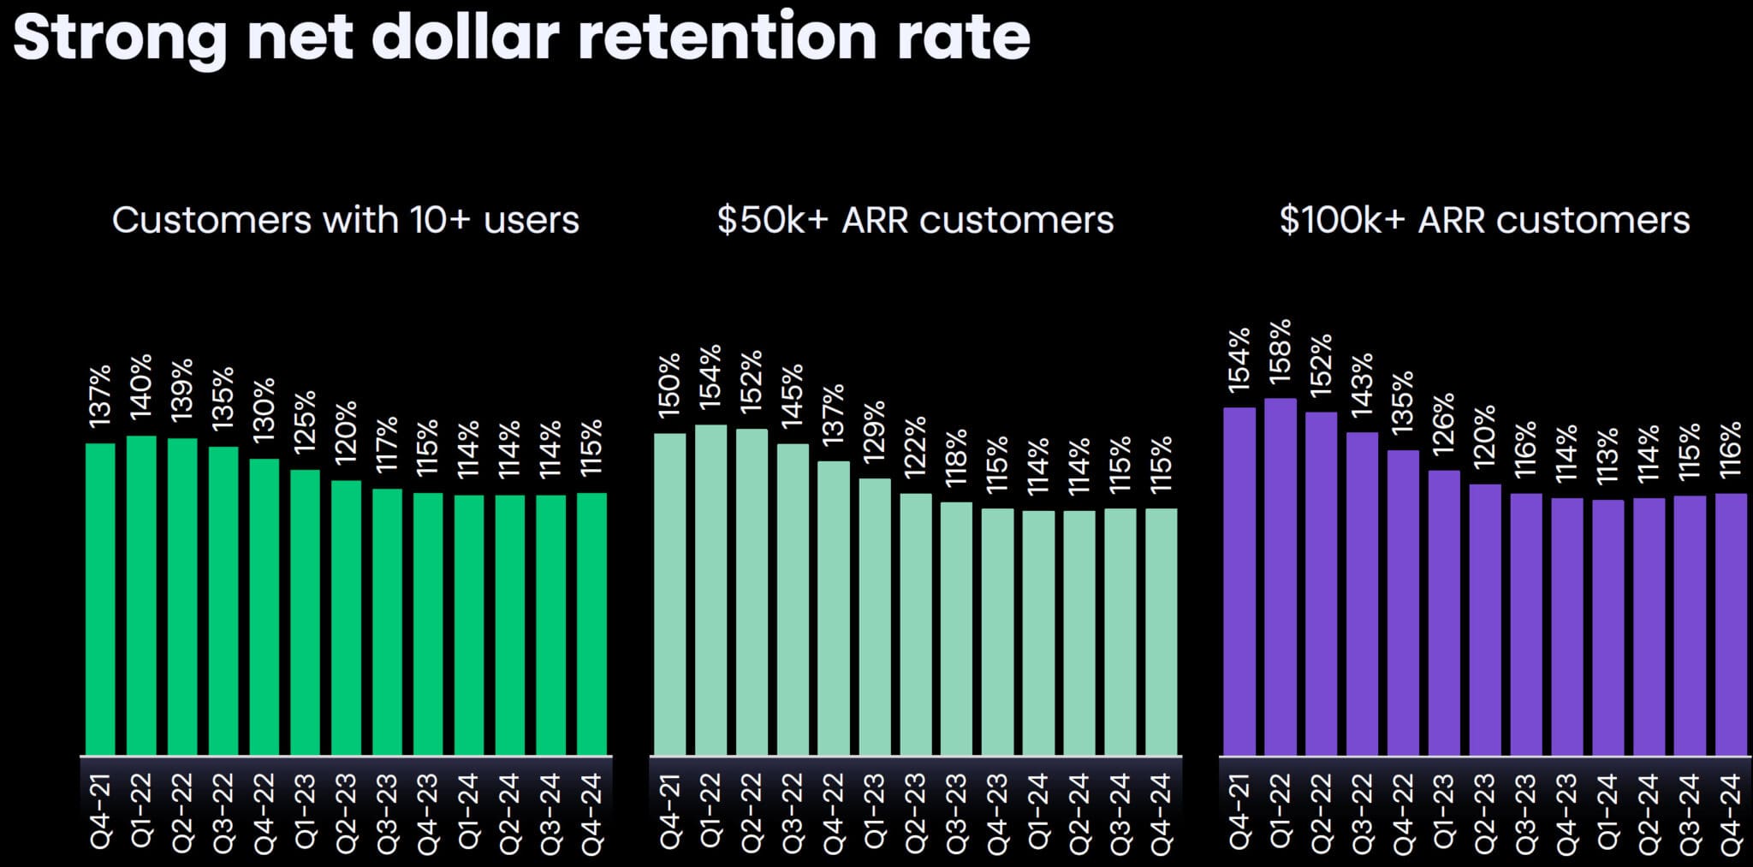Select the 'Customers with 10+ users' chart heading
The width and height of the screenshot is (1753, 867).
pyautogui.click(x=345, y=220)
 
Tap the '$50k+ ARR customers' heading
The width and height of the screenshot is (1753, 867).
pyautogui.click(x=915, y=220)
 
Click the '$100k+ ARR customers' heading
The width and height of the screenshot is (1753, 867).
pyautogui.click(x=1484, y=220)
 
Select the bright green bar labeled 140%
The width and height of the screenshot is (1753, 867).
pyautogui.click(x=141, y=596)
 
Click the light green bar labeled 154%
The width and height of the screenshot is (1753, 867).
pyautogui.click(x=710, y=590)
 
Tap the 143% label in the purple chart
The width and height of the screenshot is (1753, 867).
pyautogui.click(x=1362, y=385)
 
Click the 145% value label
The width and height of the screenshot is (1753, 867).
pyautogui.click(x=793, y=395)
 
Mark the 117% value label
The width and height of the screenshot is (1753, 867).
pyautogui.click(x=387, y=444)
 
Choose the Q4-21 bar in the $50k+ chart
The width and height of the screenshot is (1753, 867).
pyautogui.click(x=669, y=594)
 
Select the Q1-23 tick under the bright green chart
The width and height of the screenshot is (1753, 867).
pyautogui.click(x=305, y=811)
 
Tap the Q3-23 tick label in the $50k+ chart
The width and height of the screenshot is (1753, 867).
pyautogui.click(x=956, y=813)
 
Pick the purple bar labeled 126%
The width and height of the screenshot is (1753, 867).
pyautogui.click(x=1444, y=613)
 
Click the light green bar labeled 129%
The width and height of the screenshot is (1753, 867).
pyautogui.click(x=875, y=616)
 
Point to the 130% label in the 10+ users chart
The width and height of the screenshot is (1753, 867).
pyautogui.click(x=264, y=409)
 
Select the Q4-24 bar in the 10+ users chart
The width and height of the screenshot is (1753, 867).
pyautogui.click(x=591, y=624)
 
